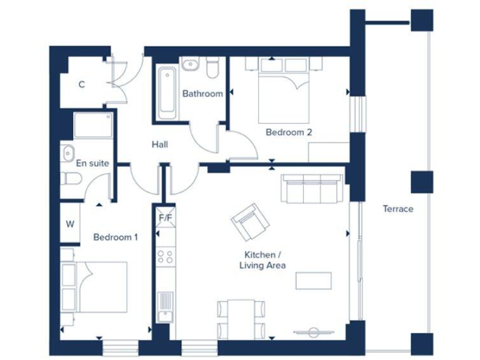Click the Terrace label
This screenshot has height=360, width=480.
(x=398, y=209)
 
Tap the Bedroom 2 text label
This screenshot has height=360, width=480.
(x=288, y=132)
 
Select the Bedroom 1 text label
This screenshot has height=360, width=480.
(x=116, y=237)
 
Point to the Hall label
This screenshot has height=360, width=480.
(x=159, y=144)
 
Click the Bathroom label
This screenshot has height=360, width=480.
(x=202, y=94)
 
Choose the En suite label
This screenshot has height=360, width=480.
(x=92, y=163)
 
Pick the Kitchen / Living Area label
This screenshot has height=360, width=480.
(x=262, y=260)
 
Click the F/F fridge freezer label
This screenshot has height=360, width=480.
(x=166, y=218)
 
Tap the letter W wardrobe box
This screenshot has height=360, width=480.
(x=70, y=224)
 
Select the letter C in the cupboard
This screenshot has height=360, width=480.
(x=81, y=85)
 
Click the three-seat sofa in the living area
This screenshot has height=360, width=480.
(x=311, y=188)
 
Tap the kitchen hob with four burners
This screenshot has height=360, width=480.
(x=166, y=256)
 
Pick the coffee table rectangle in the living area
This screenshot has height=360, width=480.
(x=313, y=281)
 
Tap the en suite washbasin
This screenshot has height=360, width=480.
(x=67, y=151)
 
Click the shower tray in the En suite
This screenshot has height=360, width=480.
(x=93, y=126)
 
